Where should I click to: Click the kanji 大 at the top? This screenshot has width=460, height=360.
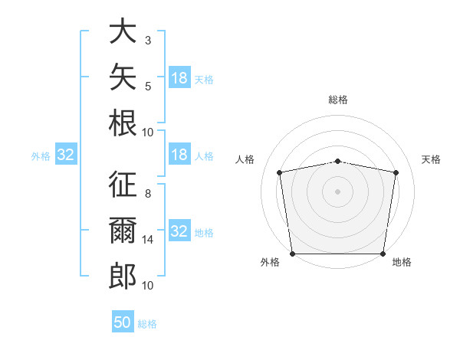pyautogui.click(x=123, y=31)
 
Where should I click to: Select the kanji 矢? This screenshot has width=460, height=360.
pyautogui.click(x=123, y=77)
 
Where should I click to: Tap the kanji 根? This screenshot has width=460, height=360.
pyautogui.click(x=123, y=123)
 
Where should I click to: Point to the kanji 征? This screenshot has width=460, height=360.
pyautogui.click(x=123, y=184)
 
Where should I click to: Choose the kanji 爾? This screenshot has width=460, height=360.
pyautogui.click(x=123, y=230)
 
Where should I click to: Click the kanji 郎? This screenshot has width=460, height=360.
pyautogui.click(x=123, y=277)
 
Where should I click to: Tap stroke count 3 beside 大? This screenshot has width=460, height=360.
pyautogui.click(x=148, y=40)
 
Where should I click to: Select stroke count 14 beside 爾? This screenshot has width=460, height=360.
pyautogui.click(x=147, y=240)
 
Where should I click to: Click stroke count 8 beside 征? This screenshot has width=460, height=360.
pyautogui.click(x=148, y=194)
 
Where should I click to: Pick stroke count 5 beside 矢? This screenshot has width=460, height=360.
pyautogui.click(x=148, y=87)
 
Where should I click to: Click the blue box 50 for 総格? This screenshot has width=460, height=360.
pyautogui.click(x=123, y=321)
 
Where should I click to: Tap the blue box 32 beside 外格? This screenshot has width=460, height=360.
pyautogui.click(x=66, y=154)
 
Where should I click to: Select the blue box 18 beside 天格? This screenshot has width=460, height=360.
pyautogui.click(x=180, y=77)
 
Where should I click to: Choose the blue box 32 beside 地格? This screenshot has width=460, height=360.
pyautogui.click(x=180, y=230)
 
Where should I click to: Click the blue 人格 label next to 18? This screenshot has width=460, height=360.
pyautogui.click(x=204, y=156)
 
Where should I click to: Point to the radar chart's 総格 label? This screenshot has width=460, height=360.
pyautogui.click(x=338, y=100)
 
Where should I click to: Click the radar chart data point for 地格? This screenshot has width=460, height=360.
pyautogui.click(x=383, y=254)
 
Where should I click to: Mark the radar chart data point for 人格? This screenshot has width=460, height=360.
pyautogui.click(x=280, y=172)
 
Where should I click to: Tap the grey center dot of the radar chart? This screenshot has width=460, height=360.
pyautogui.click(x=337, y=191)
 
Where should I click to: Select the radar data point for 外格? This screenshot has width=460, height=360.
pyautogui.click(x=293, y=254)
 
